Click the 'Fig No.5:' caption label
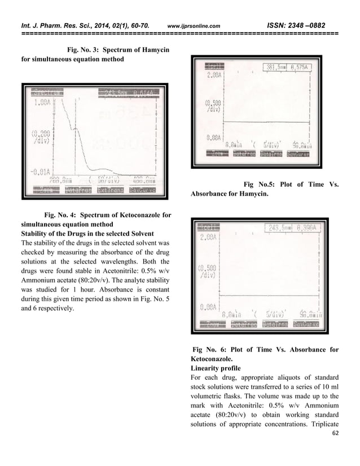[262, 184]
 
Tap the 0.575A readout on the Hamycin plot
[306, 67]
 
